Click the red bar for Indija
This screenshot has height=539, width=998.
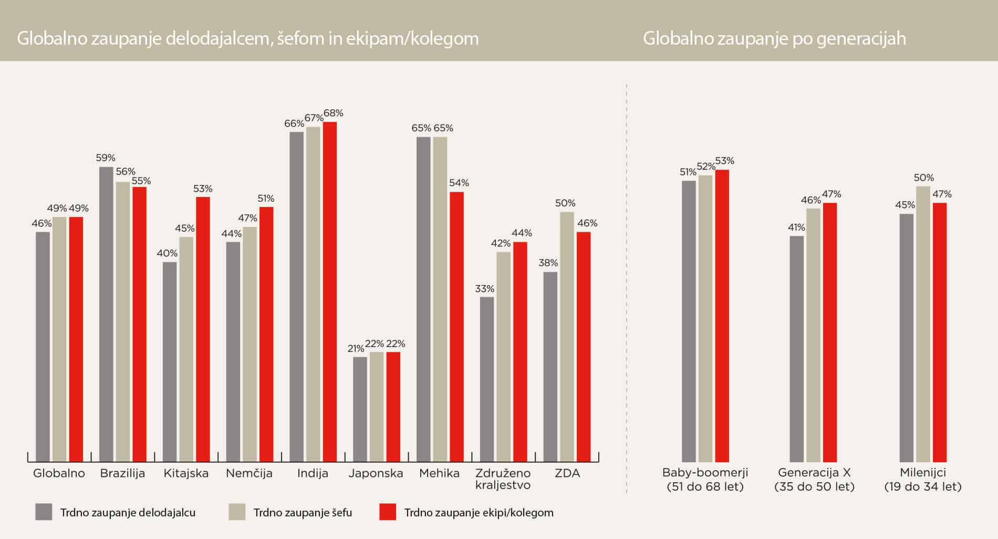[x=330, y=292]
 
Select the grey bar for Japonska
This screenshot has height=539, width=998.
[x=360, y=409]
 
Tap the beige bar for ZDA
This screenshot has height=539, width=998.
[x=567, y=337]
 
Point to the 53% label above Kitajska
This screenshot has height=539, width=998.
[x=203, y=189]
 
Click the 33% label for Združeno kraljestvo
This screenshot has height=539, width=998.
[x=484, y=288]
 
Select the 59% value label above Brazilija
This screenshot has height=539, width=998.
[x=106, y=158]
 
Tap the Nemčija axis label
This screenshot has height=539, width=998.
[x=249, y=473]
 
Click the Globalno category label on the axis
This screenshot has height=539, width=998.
[x=59, y=473]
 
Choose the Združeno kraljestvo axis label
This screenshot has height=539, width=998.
[x=503, y=479]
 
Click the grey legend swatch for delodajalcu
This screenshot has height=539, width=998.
[x=44, y=512]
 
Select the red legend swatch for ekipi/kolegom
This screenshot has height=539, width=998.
[x=388, y=512]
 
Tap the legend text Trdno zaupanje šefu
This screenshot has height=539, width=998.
[x=303, y=513]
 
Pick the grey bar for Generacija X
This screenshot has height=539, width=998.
[x=796, y=349]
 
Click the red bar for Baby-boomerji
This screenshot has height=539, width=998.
[x=722, y=316]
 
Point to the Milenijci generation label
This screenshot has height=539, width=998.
[x=923, y=479]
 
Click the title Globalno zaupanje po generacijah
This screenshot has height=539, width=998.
[x=774, y=39]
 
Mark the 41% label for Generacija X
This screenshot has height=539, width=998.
[x=796, y=227]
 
